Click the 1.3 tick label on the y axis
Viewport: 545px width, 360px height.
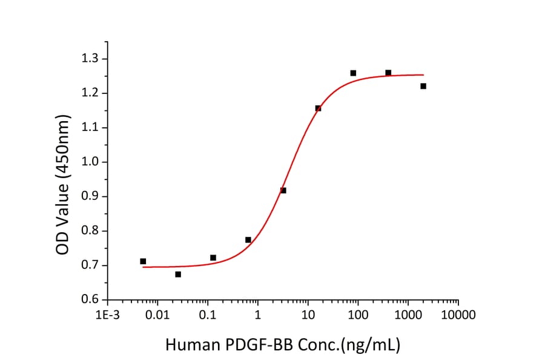(93, 59)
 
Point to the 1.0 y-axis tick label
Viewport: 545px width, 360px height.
(93, 162)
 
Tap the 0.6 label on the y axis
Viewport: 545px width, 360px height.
(93, 300)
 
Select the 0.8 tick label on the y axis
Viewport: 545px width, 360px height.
(93, 231)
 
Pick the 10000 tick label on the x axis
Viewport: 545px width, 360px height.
(458, 315)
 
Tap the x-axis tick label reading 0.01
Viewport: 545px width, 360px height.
(157, 315)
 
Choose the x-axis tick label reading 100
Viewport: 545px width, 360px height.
(357, 315)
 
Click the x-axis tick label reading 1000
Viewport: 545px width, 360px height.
(408, 315)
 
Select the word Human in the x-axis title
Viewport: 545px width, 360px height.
(190, 345)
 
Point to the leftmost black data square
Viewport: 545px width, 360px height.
(143, 261)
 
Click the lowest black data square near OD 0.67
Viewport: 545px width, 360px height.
(178, 275)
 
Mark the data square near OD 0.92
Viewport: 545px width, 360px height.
(283, 190)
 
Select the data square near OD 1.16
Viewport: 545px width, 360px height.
(318, 108)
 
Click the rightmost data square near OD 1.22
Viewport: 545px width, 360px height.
(423, 86)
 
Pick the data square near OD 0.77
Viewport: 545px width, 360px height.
(248, 240)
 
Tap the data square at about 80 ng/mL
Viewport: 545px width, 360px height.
(353, 73)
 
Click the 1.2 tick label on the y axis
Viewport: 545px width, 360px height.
(93, 93)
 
